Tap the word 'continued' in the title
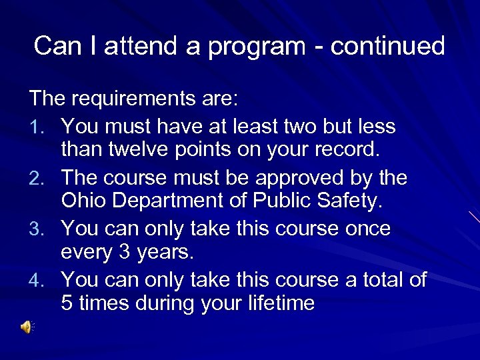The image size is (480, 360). (x=387, y=46)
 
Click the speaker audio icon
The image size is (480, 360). (x=27, y=327)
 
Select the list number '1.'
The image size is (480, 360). (x=39, y=127)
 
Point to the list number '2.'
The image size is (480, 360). (x=39, y=179)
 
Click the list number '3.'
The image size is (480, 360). (x=39, y=229)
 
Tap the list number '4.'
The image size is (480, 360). (x=39, y=280)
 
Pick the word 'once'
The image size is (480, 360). (x=365, y=229)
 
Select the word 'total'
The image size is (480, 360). (x=381, y=279)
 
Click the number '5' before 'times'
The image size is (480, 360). (x=67, y=303)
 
